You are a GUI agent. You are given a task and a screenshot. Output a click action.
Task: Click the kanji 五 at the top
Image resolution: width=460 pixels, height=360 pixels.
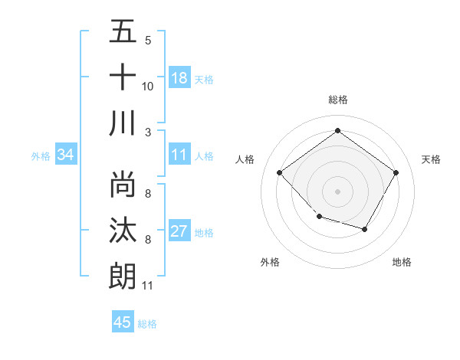tap(123, 31)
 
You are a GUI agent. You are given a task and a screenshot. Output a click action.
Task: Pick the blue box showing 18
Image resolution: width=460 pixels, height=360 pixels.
tap(179, 78)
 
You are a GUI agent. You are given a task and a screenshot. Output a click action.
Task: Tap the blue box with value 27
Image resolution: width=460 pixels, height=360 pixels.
tap(179, 232)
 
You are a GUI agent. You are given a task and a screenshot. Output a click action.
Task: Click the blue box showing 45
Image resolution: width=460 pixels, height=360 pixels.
tap(123, 322)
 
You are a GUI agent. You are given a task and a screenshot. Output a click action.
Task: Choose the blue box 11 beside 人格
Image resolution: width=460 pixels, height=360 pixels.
tap(179, 155)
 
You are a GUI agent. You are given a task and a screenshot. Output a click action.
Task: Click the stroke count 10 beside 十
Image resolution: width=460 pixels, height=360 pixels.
tap(148, 87)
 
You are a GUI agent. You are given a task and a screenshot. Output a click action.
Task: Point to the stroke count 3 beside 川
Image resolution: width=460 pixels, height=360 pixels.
tap(147, 132)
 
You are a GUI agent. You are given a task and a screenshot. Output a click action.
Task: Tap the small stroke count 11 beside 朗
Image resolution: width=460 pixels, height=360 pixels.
tap(147, 286)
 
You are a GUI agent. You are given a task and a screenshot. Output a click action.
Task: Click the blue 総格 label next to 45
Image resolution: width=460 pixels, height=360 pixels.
tap(147, 324)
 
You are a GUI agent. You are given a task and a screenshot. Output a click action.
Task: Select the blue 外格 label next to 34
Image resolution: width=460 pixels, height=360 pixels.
tap(41, 156)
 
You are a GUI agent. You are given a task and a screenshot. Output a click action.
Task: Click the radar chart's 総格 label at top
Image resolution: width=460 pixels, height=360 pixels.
tap(337, 100)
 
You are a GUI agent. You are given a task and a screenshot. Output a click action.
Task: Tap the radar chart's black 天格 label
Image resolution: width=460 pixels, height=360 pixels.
tap(432, 159)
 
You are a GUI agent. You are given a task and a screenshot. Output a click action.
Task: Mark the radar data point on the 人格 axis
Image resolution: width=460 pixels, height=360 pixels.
tap(280, 173)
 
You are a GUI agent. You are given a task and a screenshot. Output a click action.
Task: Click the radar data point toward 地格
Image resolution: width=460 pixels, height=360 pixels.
tap(365, 230)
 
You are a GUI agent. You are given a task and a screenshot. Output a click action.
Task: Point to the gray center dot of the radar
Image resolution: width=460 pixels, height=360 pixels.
tap(337, 191)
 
